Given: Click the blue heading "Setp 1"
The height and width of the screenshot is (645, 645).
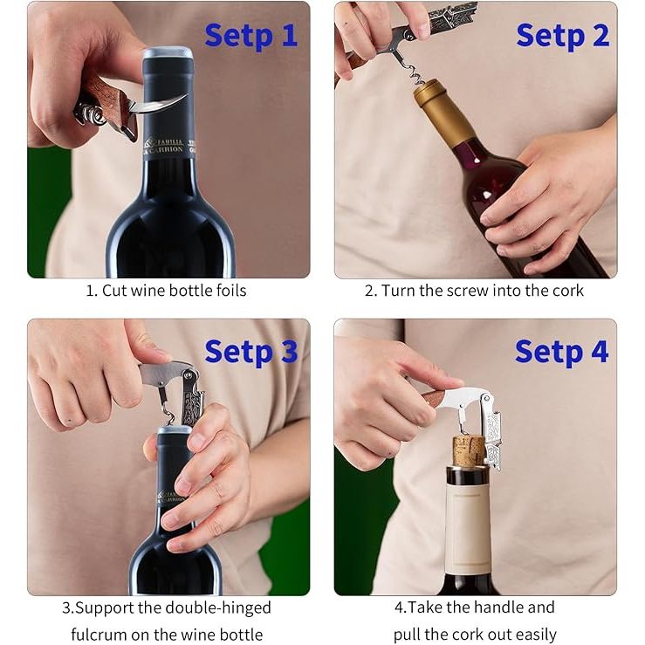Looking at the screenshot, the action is point(250,36).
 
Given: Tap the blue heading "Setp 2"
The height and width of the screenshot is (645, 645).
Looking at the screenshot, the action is point(562,36).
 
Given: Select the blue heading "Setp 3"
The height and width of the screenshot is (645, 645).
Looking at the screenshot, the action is point(250,352).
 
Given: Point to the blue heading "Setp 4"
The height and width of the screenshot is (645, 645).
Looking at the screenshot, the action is point(561,352).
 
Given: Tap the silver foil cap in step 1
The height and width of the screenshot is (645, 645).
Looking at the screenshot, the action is point(168,53).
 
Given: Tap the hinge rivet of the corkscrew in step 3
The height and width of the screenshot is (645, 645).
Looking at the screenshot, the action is point(188,375).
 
